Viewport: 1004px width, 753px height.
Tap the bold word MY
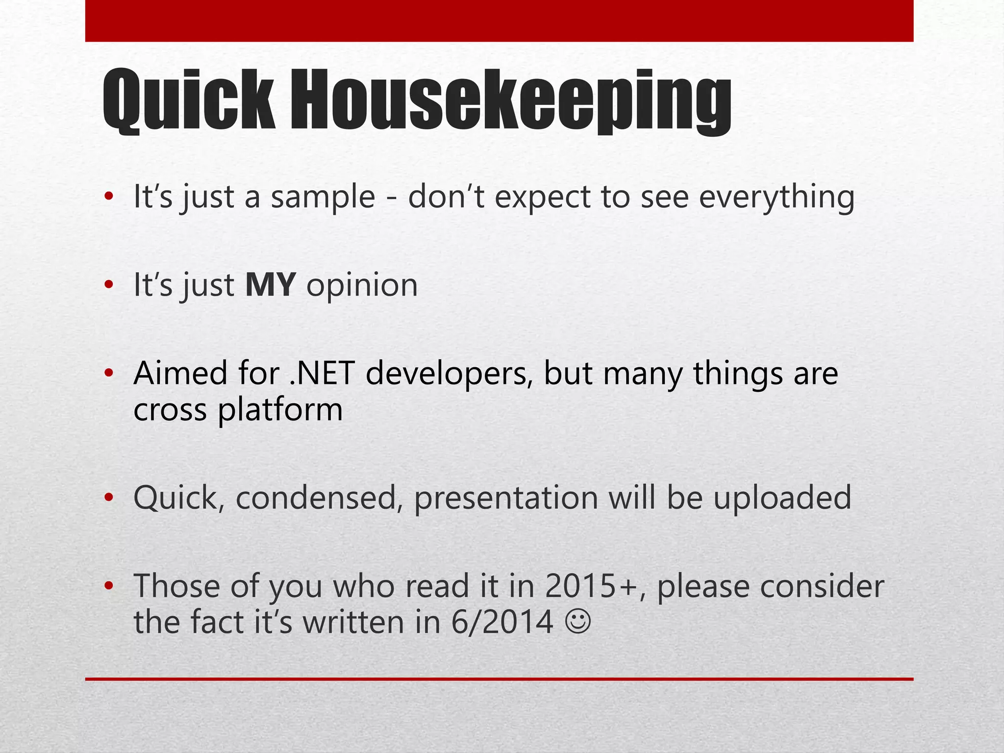[x=271, y=285]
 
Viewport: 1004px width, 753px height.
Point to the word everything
[x=777, y=197]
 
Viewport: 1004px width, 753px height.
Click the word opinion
[x=362, y=285]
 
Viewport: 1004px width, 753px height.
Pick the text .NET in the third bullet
[x=322, y=373]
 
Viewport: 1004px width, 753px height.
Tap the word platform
[x=280, y=410]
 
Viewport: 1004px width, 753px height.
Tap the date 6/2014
[x=502, y=623]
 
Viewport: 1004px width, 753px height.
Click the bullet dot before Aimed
[x=109, y=374]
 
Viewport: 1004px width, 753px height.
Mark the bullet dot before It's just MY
[x=109, y=285]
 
